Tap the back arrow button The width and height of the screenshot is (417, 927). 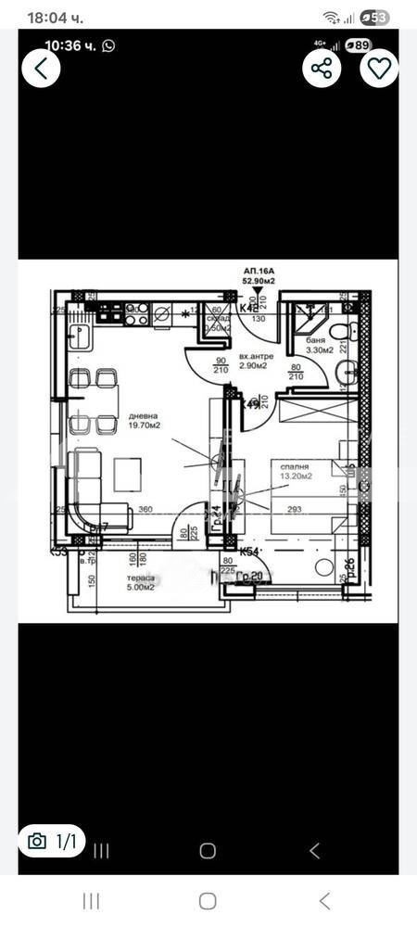coord(41,68)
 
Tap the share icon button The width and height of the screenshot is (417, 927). coord(322,68)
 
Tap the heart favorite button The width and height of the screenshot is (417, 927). coord(379,68)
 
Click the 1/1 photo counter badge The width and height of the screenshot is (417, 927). coord(53,842)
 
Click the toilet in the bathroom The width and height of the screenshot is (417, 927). coord(339,331)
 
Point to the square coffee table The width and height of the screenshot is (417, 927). coord(128,475)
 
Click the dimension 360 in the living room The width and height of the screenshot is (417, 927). coord(145,509)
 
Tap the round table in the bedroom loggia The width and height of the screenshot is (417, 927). coord(324,566)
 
